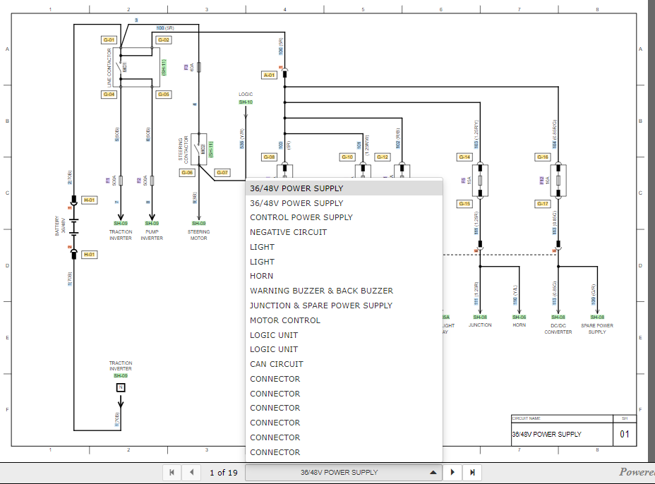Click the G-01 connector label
pos(109,40)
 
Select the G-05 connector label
pos(163,94)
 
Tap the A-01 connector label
pos(269,75)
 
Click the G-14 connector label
pos(464,157)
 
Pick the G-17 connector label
pos(542,204)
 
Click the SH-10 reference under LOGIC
pos(246,102)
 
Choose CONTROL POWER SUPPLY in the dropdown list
pos(301,217)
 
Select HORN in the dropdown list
pos(261,276)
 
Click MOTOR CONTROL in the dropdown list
pos(284,320)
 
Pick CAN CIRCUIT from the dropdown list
pos(276,364)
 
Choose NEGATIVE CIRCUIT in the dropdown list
pos(288,232)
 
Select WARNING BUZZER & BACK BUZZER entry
pos(321,291)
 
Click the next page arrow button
pos(452,472)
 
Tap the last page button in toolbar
pos(472,472)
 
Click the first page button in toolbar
pos(172,472)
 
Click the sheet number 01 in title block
pos(625,434)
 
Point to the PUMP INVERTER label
pos(152,235)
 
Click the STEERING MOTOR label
pos(198,235)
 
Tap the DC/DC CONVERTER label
pos(558,328)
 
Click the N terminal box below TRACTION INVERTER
pos(121,387)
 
